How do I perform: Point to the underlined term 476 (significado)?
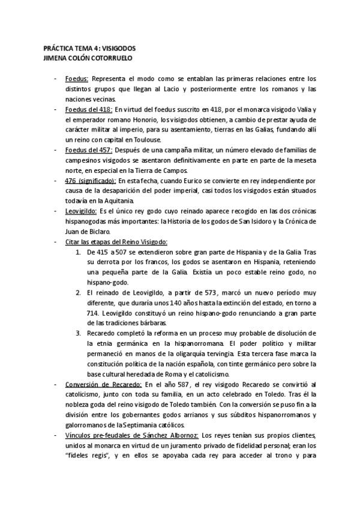(91, 179)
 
